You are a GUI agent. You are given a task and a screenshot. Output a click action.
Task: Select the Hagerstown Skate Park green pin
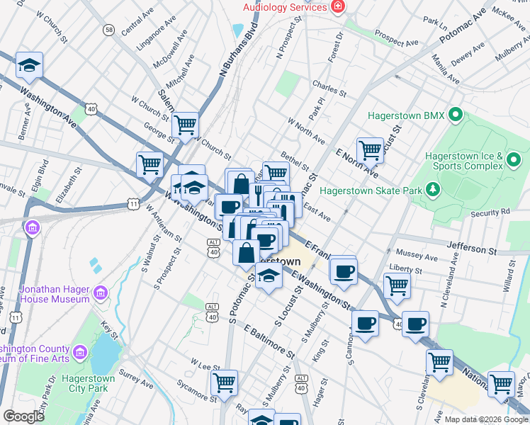click(432, 190)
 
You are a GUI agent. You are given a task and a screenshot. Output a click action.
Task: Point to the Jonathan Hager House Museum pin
click(100, 293)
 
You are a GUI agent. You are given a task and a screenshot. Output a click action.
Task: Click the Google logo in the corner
click(23, 416)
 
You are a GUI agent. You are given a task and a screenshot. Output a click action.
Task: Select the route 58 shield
click(108, 30)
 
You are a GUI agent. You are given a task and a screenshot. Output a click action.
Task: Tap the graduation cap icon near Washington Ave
click(29, 65)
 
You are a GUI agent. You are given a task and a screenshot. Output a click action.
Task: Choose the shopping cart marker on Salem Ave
click(185, 125)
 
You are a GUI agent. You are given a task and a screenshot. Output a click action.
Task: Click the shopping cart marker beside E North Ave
click(370, 150)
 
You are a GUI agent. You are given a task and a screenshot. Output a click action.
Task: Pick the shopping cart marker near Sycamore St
click(224, 382)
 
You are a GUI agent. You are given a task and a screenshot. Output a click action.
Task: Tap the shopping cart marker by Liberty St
click(397, 285)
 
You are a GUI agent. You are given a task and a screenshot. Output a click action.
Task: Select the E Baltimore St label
click(269, 341)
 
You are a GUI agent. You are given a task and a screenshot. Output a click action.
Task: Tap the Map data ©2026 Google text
click(485, 419)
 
